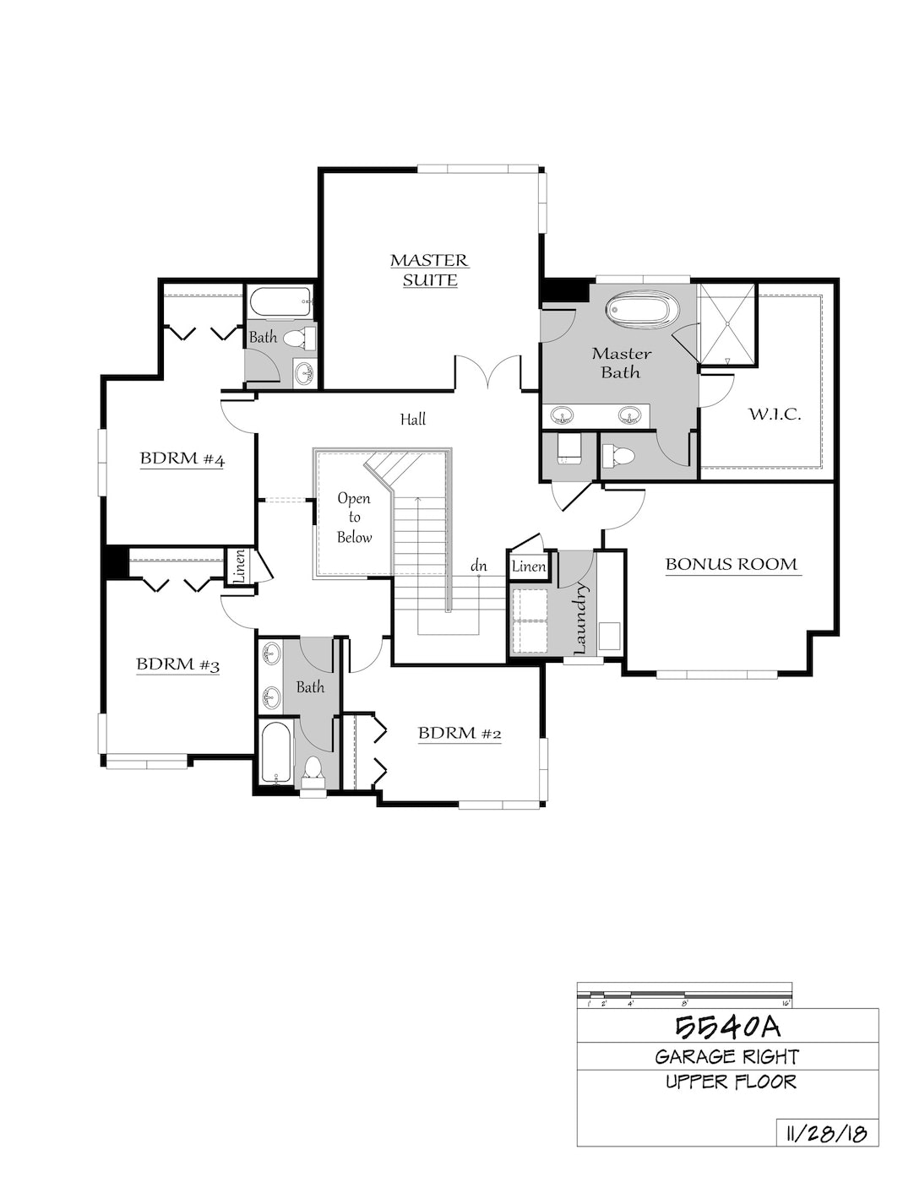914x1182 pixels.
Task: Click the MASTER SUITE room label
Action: click(429, 270)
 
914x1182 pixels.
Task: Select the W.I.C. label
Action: click(775, 415)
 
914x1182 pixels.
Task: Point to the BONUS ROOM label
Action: click(732, 564)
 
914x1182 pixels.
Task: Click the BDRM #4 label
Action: click(182, 459)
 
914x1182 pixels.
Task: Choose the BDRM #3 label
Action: click(178, 664)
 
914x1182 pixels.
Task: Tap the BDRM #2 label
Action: click(460, 733)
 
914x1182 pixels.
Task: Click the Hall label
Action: click(413, 419)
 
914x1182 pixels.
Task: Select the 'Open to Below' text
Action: click(354, 518)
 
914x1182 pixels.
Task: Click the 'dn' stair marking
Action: click(479, 567)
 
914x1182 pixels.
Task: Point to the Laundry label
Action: click(580, 618)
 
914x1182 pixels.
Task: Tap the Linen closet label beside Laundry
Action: click(529, 567)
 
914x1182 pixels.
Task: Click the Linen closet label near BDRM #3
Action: click(240, 567)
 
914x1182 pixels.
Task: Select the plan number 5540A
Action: click(728, 1027)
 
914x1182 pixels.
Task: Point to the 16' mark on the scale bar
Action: click(786, 1004)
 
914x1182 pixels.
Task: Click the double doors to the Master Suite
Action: click(488, 372)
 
